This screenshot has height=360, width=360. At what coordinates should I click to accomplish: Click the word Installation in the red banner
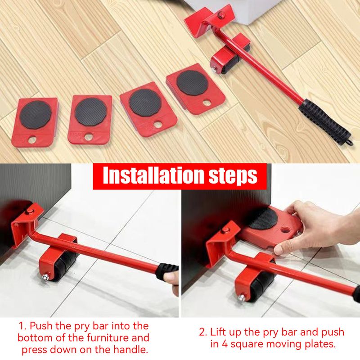pyautogui.click(x=153, y=175)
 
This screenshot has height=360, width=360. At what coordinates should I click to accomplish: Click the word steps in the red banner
pyautogui.click(x=233, y=176)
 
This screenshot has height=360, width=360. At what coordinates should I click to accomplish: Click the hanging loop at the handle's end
pyautogui.click(x=350, y=142)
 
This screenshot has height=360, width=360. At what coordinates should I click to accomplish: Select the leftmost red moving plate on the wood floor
pyautogui.click(x=35, y=121)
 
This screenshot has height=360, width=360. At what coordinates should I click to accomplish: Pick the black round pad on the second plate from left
pyautogui.click(x=90, y=112)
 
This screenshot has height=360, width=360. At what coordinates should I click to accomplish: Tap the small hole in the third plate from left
pyautogui.click(x=157, y=125)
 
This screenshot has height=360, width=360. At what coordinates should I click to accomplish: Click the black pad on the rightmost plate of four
pyautogui.click(x=192, y=83)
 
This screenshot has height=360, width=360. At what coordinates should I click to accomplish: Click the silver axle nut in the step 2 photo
pyautogui.click(x=242, y=298)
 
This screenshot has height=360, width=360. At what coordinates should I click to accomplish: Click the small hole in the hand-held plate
pyautogui.click(x=285, y=230)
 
